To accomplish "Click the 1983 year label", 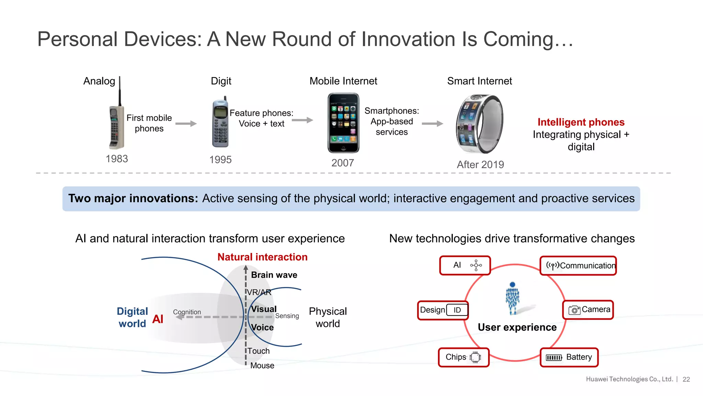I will [117, 159].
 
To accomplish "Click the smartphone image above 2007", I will [343, 123].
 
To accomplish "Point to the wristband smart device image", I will [480, 124].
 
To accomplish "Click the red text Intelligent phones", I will [581, 122].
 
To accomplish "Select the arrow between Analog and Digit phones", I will [186, 123].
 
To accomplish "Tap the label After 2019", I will [480, 165].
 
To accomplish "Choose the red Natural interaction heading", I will [262, 257].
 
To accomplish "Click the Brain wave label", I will [274, 275].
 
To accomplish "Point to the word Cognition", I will [187, 312].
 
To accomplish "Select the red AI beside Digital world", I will [158, 319].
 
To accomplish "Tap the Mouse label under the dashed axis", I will [262, 365].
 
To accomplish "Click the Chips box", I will [463, 357].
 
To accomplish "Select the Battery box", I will [569, 357].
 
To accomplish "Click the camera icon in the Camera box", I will [574, 310].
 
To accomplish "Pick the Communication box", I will [578, 265].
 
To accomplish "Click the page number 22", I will [686, 379].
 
